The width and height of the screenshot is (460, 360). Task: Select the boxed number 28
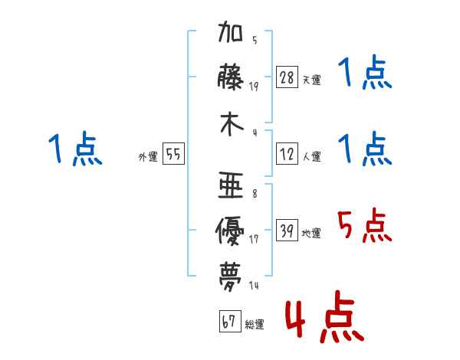click(287, 77)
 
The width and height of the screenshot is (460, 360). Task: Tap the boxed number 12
click(287, 154)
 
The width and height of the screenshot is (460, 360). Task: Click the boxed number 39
click(287, 231)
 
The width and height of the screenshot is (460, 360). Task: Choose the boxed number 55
click(173, 154)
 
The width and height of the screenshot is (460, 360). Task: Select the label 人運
click(311, 156)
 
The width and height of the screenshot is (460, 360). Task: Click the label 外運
click(148, 156)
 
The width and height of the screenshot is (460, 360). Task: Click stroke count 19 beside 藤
click(254, 86)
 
